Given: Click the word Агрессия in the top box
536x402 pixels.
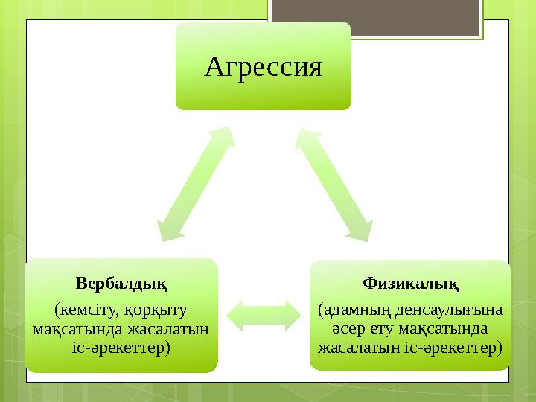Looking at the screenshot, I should pyautogui.click(x=263, y=68).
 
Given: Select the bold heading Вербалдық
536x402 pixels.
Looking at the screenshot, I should pyautogui.click(x=121, y=283).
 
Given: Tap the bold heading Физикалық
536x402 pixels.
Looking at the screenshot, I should pyautogui.click(x=410, y=283).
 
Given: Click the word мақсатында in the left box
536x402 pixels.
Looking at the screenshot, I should pyautogui.click(x=73, y=328).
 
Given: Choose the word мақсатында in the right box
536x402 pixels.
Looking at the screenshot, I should pyautogui.click(x=444, y=328).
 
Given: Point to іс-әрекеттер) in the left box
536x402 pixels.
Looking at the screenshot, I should pyautogui.click(x=121, y=347).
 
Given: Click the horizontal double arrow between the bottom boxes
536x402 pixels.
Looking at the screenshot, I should pyautogui.click(x=264, y=316).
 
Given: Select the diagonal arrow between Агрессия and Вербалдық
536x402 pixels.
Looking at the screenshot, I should pyautogui.click(x=195, y=183).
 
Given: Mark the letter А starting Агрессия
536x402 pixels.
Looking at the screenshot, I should pyautogui.click(x=213, y=68).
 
